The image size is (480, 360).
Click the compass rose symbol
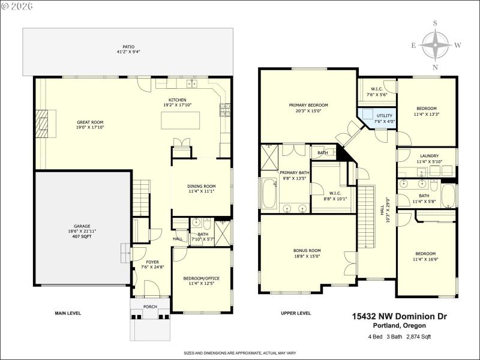(436, 45)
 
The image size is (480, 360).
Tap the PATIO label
(128, 47)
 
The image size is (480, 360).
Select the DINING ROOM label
(201, 186)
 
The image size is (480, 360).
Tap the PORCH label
(150, 307)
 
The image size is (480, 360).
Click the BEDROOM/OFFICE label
(201, 278)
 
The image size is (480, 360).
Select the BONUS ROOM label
(307, 250)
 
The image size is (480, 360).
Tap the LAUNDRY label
(428, 155)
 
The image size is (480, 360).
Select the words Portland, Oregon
(400, 326)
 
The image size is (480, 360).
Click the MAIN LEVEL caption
(68, 313)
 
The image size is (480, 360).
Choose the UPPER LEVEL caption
(296, 313)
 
